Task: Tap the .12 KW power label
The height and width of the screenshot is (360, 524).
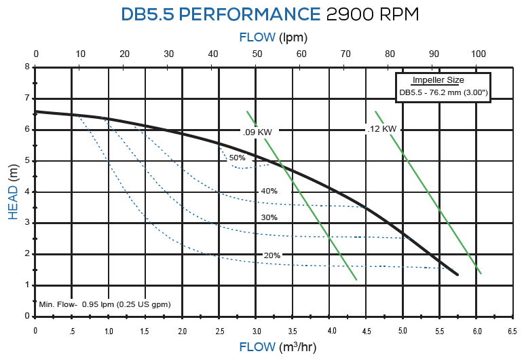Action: point(381,128)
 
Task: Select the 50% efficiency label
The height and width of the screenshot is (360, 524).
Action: point(237,158)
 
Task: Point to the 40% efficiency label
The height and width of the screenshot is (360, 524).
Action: point(269,191)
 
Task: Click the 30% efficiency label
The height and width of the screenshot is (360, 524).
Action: point(269,217)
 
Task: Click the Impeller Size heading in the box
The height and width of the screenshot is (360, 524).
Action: point(438,80)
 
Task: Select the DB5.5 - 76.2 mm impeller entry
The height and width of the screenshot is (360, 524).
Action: point(443,92)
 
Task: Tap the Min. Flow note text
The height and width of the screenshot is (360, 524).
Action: point(105,304)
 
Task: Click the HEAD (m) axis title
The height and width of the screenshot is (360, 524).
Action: point(13,192)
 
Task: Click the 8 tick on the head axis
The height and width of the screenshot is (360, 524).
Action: point(27,67)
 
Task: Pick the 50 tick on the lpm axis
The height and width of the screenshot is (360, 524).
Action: point(257,54)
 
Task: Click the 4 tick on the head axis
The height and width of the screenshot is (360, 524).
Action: point(27,192)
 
